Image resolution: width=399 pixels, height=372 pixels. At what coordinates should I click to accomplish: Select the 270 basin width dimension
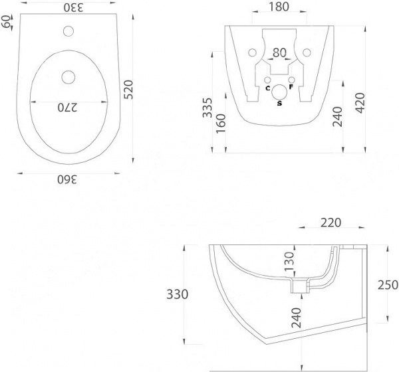click(x=67, y=108)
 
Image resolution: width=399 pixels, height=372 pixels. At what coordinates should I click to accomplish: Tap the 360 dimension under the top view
click(x=67, y=179)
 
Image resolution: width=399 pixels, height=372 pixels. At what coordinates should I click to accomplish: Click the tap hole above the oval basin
click(x=68, y=31)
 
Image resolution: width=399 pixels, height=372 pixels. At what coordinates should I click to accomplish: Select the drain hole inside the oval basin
click(x=68, y=77)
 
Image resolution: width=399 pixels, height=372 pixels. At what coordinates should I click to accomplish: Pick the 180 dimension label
click(x=279, y=7)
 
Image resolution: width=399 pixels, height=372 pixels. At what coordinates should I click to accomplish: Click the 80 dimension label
click(x=279, y=52)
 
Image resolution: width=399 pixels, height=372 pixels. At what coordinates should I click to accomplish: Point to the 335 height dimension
click(x=207, y=108)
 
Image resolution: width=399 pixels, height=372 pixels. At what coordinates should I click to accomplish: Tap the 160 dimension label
click(x=221, y=124)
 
